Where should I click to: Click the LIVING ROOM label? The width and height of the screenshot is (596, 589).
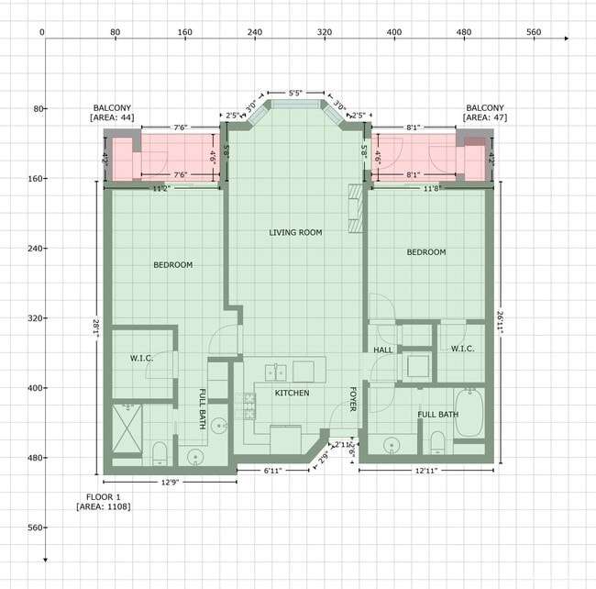pos(295,232)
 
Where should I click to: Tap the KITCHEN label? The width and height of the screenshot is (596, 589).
pos(292,393)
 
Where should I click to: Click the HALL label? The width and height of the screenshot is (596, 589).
pos(382,351)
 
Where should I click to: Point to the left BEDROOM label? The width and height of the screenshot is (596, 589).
pos(172,265)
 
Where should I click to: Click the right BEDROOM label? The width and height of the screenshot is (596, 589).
pos(425,251)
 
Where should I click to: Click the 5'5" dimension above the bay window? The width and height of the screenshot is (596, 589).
pos(295,94)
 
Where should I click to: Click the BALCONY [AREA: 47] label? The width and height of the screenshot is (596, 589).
pos(486,112)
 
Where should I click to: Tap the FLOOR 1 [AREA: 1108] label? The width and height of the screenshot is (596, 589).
pos(103,501)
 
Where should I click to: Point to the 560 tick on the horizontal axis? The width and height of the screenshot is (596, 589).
pos(534,32)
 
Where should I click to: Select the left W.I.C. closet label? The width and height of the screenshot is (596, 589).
pos(141,358)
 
